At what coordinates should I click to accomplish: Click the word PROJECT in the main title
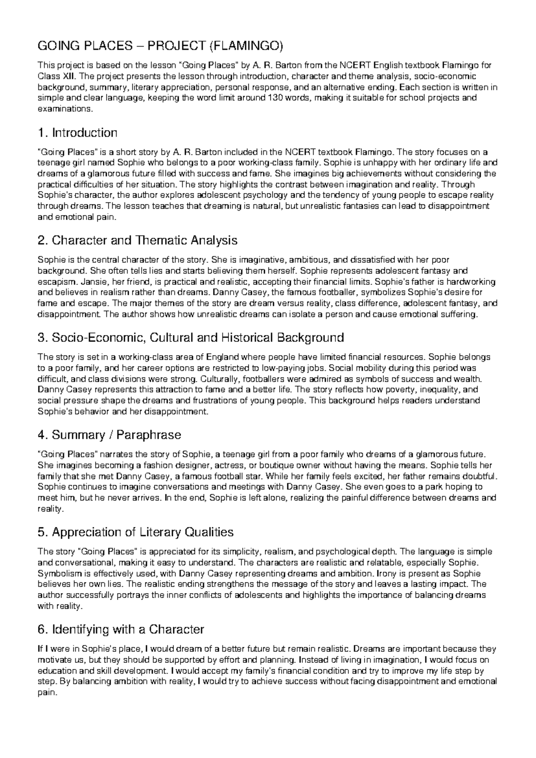tap(174, 46)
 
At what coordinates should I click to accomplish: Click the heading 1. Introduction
tap(78, 133)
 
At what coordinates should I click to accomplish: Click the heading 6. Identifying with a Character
tap(121, 630)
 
